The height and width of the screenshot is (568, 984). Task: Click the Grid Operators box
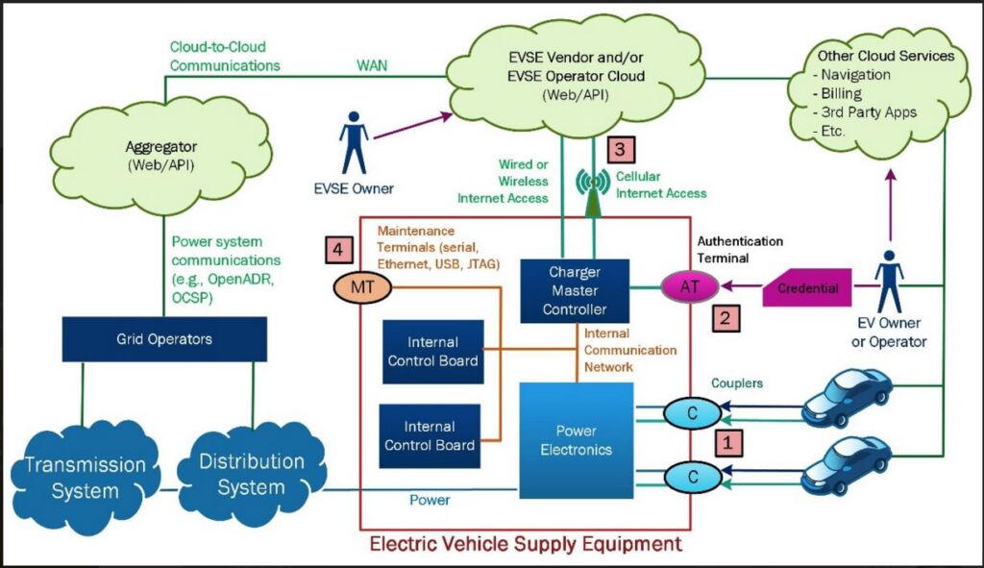(164, 339)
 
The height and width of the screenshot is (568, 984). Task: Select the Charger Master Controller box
(575, 290)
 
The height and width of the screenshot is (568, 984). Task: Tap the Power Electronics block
(577, 440)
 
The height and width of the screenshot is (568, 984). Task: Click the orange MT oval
(362, 287)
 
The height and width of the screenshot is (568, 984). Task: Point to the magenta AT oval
(690, 286)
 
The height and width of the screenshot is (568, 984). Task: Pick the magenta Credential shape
(807, 287)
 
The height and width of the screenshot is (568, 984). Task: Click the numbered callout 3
(620, 150)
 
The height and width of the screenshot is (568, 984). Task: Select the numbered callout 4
(338, 250)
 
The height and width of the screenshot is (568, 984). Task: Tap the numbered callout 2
(726, 317)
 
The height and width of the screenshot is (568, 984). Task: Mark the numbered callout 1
(728, 443)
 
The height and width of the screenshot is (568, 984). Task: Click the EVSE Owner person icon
(354, 143)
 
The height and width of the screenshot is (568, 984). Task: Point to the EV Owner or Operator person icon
(889, 282)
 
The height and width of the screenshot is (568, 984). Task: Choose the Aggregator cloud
(161, 155)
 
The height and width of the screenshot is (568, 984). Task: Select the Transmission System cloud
(85, 478)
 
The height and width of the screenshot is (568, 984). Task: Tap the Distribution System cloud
(251, 474)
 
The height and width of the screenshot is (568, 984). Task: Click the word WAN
(372, 65)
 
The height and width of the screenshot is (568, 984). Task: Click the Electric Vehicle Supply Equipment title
(526, 544)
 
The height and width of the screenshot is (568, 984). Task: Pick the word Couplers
(737, 383)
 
